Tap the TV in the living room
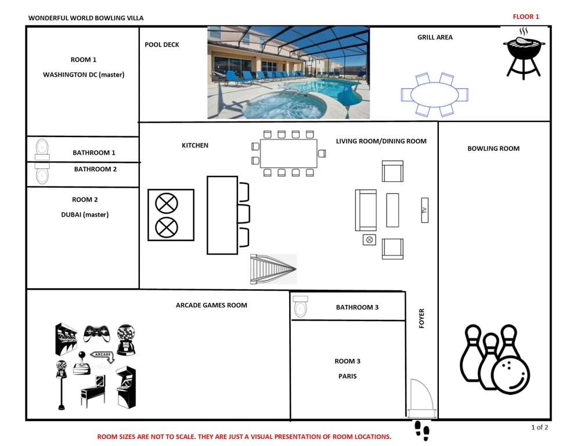[425, 210]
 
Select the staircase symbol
[273, 269]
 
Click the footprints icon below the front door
[421, 430]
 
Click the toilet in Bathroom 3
[300, 307]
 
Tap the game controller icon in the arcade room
[96, 333]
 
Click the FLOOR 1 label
[525, 17]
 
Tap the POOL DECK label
[161, 45]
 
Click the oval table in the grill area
[435, 95]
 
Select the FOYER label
[421, 318]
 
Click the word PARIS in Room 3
[347, 376]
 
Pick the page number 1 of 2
[539, 427]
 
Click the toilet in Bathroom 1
[42, 150]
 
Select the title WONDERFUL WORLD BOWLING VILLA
[86, 17]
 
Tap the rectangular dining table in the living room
[288, 153]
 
